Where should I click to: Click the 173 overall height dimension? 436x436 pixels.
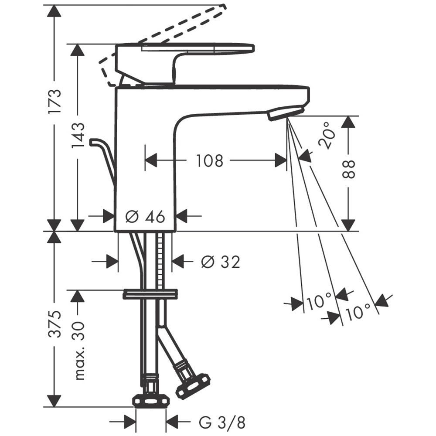click(x=54, y=101)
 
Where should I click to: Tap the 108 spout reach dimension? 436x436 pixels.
click(x=210, y=161)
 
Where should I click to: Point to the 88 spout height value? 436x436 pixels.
click(x=347, y=169)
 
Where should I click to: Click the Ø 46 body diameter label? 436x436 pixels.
click(x=145, y=216)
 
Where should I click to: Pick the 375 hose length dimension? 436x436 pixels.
click(x=54, y=324)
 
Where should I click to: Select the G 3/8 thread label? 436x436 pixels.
click(x=222, y=422)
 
